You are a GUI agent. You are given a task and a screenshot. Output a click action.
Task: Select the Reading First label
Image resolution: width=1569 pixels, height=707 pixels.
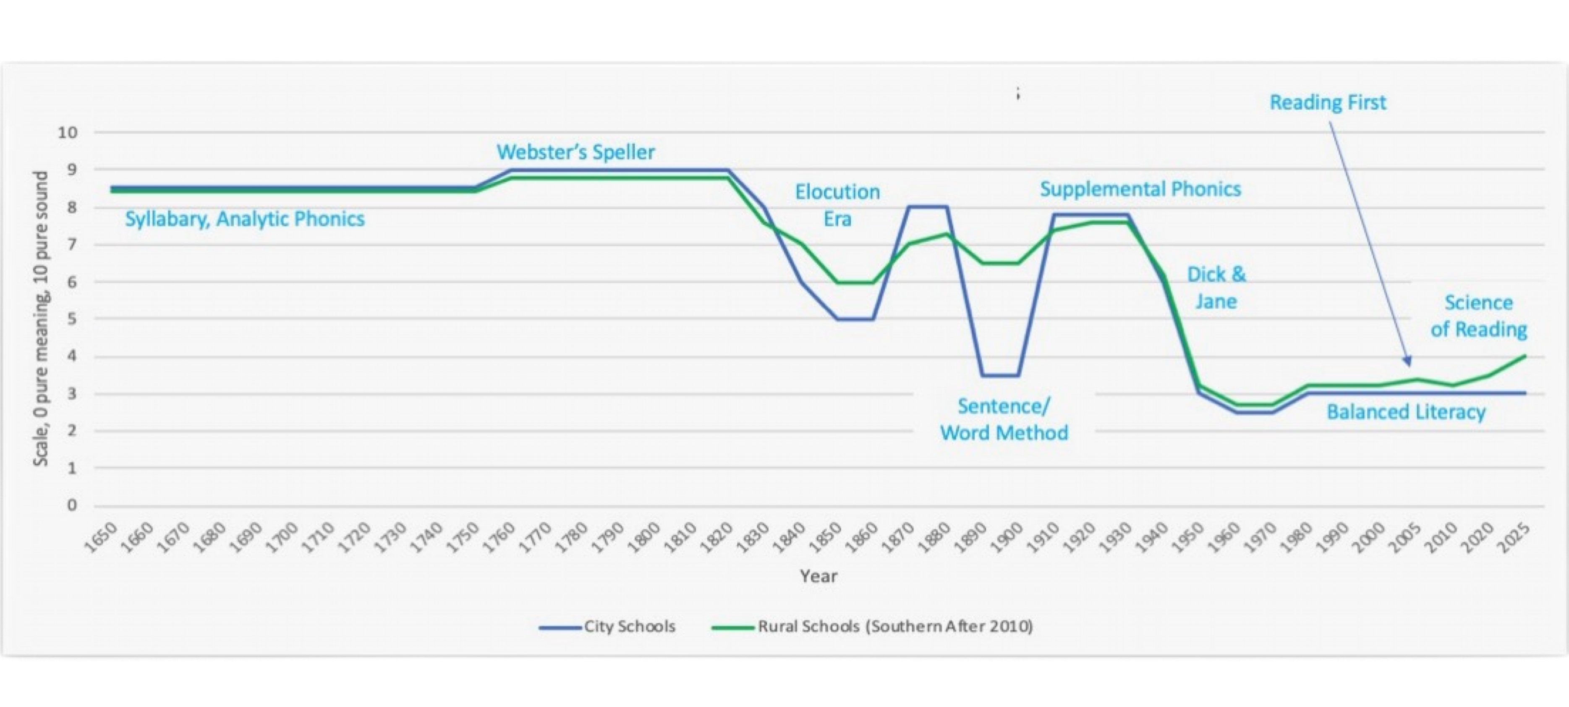(x=1327, y=102)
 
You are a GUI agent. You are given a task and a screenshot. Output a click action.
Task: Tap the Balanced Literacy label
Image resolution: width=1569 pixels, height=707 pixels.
(x=1406, y=412)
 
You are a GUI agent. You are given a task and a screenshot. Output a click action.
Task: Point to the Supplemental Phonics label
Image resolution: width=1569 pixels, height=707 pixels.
(x=1140, y=189)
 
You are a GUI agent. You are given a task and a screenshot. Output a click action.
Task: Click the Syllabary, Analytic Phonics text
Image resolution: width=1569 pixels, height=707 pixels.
(x=245, y=219)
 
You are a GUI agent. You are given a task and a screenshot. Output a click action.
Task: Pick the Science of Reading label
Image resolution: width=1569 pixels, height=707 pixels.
(x=1478, y=316)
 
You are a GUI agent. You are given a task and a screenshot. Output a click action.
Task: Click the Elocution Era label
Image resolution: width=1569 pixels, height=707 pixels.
(x=837, y=205)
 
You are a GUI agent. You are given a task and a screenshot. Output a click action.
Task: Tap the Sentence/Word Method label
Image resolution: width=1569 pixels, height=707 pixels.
(x=1004, y=419)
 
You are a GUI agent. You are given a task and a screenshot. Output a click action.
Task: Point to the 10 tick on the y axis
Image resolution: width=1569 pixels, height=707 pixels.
(x=68, y=132)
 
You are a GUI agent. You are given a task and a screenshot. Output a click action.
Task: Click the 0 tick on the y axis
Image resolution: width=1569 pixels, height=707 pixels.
(x=72, y=505)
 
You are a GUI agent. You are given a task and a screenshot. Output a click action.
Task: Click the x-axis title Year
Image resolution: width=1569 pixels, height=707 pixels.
(x=818, y=576)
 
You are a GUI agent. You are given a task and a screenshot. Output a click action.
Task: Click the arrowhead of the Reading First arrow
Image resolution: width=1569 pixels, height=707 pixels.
(x=1407, y=364)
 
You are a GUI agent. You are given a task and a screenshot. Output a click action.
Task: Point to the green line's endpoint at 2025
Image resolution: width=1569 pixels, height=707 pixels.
(x=1525, y=356)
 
